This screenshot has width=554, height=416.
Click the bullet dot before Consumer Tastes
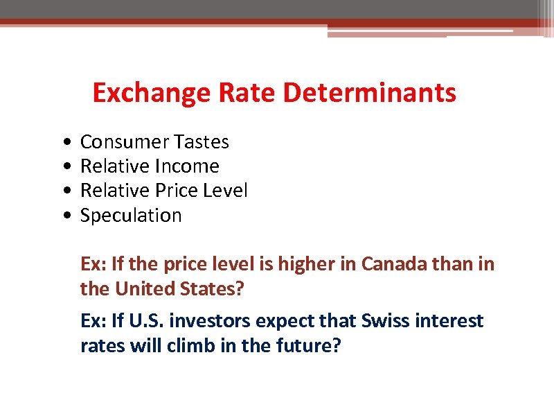[x=64, y=142]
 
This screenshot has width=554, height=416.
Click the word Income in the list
[x=187, y=166]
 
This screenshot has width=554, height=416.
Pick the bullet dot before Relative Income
[x=64, y=166]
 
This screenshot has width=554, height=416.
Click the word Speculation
[x=131, y=216]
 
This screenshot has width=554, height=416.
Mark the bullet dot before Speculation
[x=64, y=216]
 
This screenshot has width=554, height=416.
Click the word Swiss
[x=378, y=321]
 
